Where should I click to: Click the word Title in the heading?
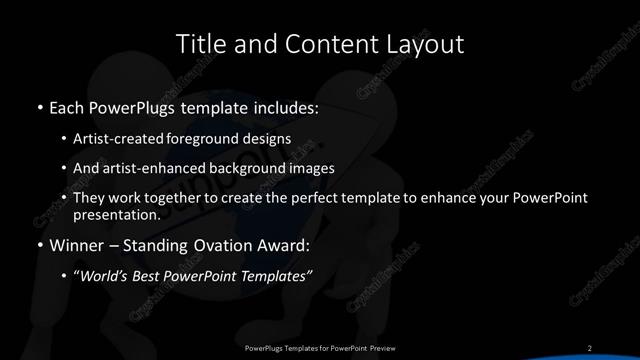click(x=198, y=44)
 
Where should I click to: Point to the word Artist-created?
click(x=118, y=137)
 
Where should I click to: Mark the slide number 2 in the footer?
click(x=590, y=347)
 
